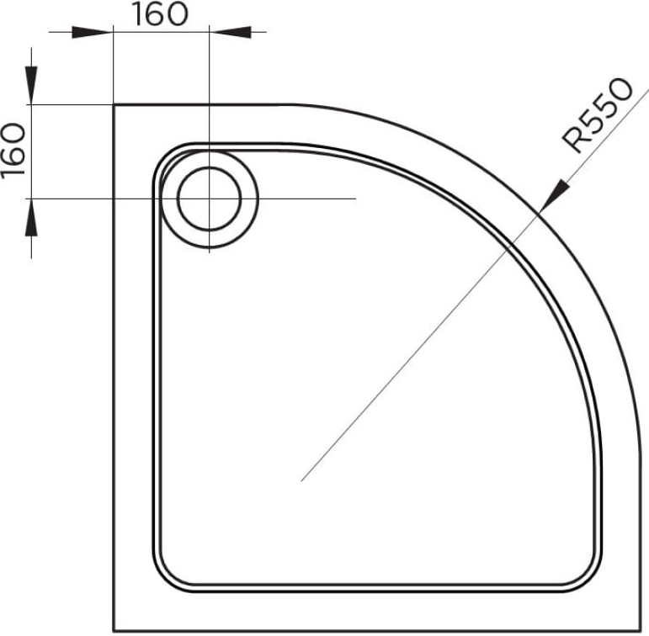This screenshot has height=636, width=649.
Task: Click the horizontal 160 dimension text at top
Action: click(160, 14)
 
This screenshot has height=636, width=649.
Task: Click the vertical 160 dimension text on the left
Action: click(13, 151)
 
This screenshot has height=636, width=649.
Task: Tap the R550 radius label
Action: click(598, 114)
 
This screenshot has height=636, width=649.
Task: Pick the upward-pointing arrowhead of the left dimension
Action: click(31, 219)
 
